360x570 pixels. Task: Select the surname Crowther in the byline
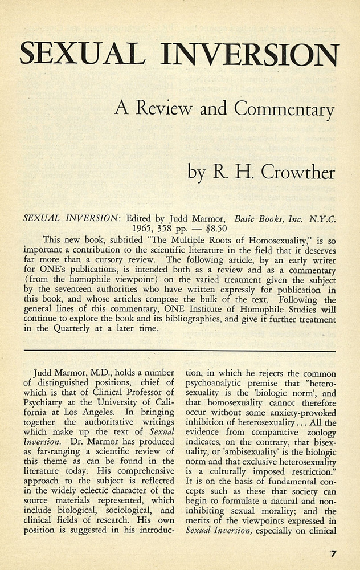click(297, 172)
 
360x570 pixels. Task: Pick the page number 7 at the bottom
click(334, 553)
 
